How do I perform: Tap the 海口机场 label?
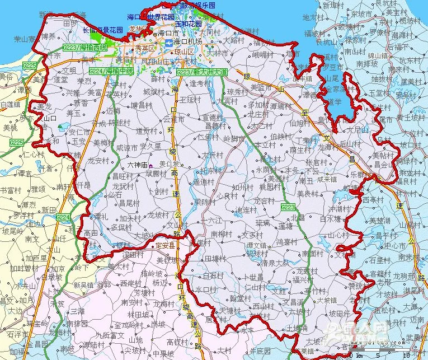coord(187,41)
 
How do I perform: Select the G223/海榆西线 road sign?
coord(85,48)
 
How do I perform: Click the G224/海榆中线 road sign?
coord(111,71)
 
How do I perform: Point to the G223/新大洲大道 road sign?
coord(202,72)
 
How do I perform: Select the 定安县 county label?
coord(165,245)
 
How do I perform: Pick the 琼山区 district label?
coord(182,51)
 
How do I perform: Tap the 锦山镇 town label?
coord(378,55)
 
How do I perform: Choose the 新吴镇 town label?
coord(83,285)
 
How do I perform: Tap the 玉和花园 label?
coord(188,25)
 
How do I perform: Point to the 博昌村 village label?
coord(142,105)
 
